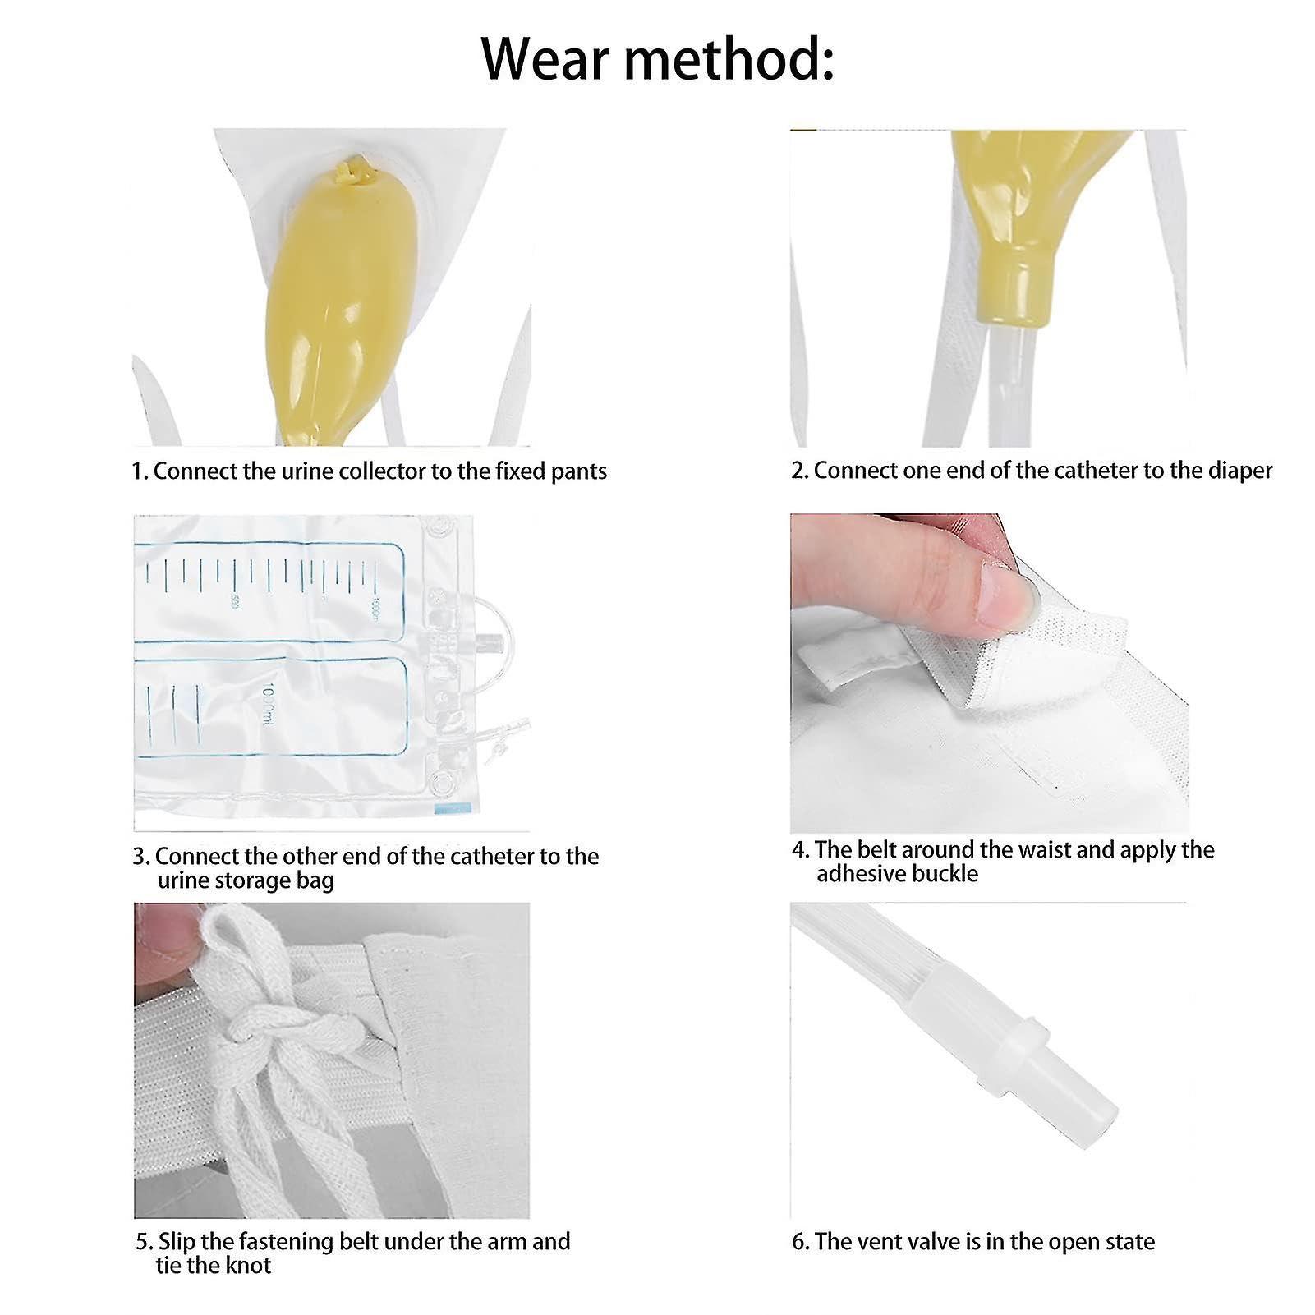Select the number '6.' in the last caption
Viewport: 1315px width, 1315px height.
[x=800, y=1242]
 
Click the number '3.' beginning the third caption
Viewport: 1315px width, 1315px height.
[x=141, y=857]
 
